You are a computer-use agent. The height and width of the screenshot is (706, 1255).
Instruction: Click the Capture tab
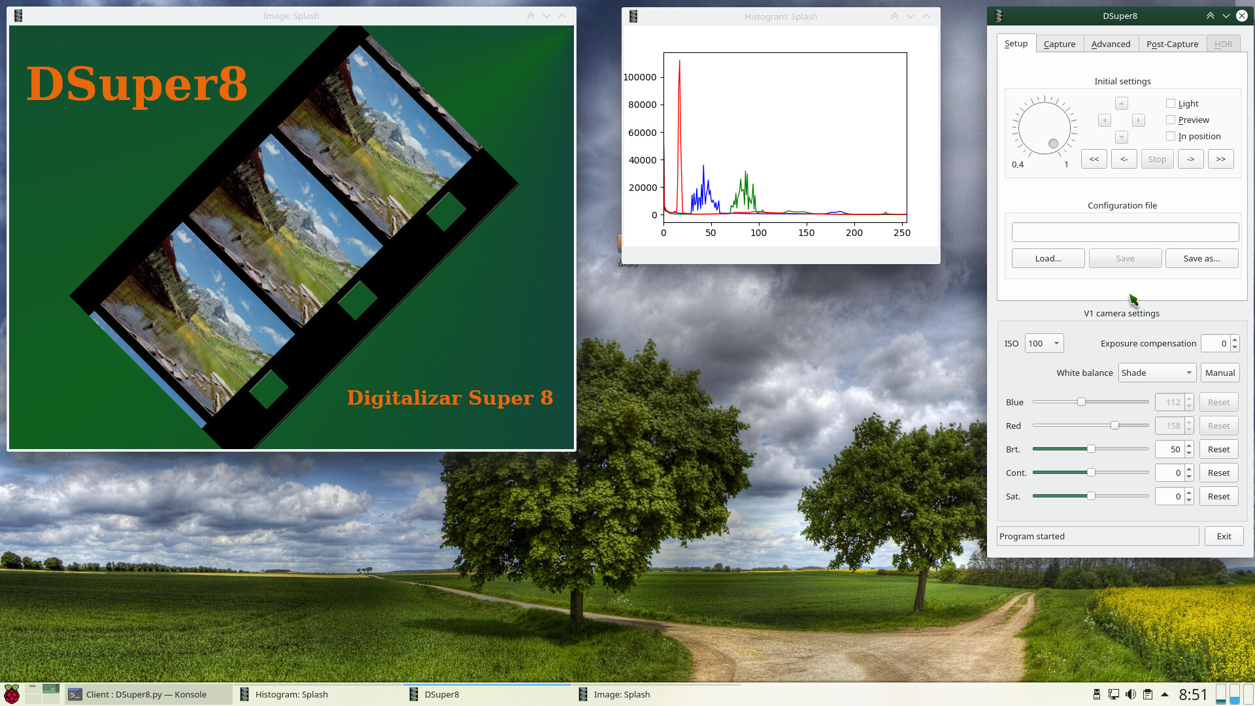[x=1060, y=44]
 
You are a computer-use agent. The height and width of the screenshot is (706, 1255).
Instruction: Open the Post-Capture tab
[x=1172, y=44]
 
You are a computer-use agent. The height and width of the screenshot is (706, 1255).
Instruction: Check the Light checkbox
[x=1171, y=103]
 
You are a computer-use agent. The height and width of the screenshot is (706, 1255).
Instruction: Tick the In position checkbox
[x=1171, y=136]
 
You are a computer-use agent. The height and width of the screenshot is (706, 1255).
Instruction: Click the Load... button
[x=1048, y=258]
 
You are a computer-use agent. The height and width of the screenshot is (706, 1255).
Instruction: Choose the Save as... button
[x=1201, y=258]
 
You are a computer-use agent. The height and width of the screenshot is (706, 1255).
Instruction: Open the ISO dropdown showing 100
[x=1044, y=343]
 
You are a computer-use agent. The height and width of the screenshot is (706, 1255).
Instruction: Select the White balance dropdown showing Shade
[x=1157, y=373]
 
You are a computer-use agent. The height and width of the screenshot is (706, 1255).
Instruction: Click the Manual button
[x=1220, y=373]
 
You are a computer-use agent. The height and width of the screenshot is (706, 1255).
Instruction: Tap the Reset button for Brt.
[x=1218, y=449]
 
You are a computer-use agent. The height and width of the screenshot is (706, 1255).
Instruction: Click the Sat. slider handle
[x=1091, y=496]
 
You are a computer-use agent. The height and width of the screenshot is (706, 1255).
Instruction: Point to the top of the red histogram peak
[x=680, y=61]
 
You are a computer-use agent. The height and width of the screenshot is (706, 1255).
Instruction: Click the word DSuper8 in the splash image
[x=137, y=84]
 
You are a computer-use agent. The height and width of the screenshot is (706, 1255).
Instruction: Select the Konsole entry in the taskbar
[x=148, y=694]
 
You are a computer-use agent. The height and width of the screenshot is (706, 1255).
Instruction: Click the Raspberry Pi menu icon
[x=12, y=694]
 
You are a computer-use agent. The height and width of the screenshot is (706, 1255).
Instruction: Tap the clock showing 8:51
[x=1193, y=694]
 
